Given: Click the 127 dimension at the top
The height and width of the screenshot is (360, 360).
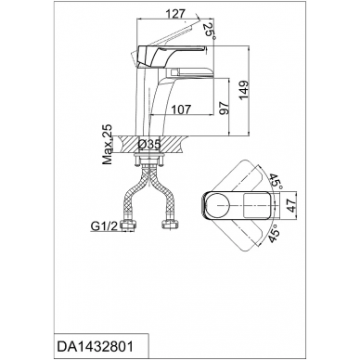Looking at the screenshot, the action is point(175,14).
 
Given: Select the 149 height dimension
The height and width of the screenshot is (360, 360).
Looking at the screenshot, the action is point(244,90).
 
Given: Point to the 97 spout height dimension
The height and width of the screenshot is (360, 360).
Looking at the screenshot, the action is point(225,108).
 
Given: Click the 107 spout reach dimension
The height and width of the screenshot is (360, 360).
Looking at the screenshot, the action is point(182,109).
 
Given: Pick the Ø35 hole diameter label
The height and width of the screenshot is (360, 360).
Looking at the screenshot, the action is point(149,144).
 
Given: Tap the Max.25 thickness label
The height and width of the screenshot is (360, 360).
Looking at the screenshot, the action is point(108,145).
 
